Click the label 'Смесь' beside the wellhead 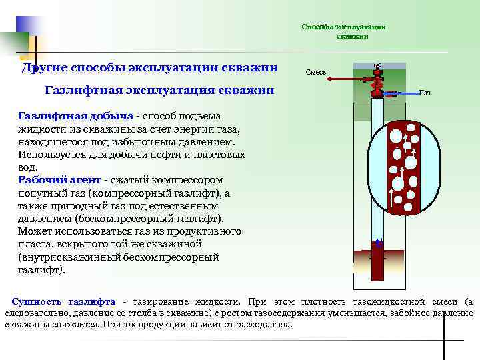point(315,71)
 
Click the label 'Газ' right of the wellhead point(425,93)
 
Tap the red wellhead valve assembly point(377,80)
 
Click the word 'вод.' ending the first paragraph point(27,167)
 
